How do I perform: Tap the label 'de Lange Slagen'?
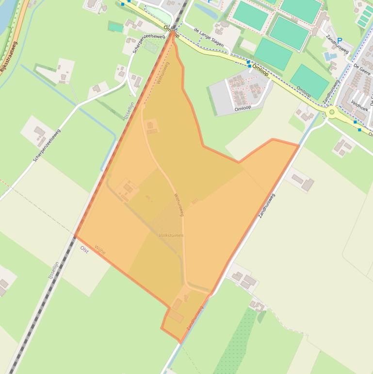(209, 37)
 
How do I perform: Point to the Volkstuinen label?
(171, 236)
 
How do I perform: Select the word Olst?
(84, 250)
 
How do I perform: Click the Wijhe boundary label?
(100, 250)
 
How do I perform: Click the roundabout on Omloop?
(332, 113)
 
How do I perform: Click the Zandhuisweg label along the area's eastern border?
(267, 205)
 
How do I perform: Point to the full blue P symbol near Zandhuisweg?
(340, 41)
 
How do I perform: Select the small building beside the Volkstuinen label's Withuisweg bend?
(195, 201)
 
